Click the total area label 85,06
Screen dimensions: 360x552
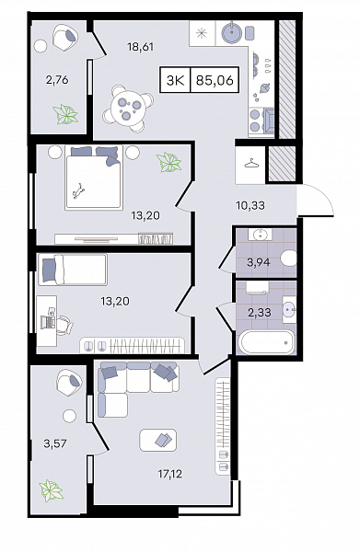215,80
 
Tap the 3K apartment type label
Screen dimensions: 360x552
176,81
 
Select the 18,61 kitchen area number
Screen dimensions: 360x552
141,47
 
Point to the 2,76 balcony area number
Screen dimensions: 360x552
57,80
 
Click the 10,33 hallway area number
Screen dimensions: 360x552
250,205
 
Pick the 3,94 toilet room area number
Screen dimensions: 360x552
259,262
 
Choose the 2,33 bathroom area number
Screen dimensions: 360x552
260,312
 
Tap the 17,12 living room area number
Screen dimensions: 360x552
169,474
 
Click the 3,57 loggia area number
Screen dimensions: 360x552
55,443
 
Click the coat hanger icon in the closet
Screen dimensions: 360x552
250,164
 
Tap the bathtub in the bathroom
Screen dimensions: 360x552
266,341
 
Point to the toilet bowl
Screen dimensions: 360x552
289,258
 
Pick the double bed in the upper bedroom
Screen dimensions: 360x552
93,178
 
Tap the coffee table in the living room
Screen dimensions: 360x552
158,440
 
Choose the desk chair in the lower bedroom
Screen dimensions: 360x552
64,324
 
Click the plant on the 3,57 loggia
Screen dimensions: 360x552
51,490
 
